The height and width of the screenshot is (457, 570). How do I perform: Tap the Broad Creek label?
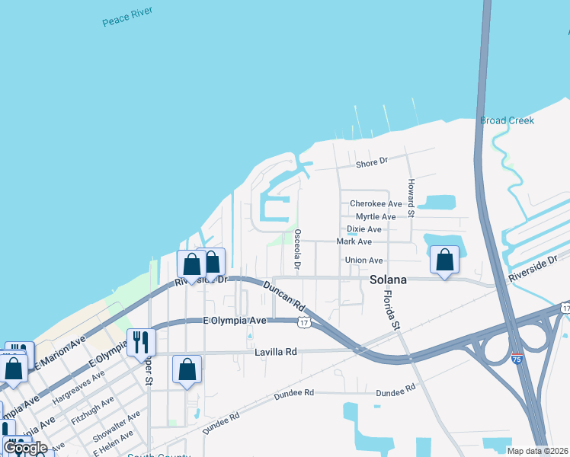pos(507,120)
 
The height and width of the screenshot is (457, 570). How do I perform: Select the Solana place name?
pos(388,280)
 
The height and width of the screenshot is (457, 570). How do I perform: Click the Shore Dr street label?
pos(372,162)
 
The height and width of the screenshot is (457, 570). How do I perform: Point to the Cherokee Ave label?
pos(375,204)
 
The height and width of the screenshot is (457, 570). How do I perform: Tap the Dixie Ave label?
pos(363,229)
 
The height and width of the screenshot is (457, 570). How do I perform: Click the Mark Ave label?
pos(354,241)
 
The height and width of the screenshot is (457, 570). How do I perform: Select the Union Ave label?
pos(363,260)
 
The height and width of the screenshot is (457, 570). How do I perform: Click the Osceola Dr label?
pos(297,250)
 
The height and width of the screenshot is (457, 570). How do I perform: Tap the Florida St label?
pos(392,308)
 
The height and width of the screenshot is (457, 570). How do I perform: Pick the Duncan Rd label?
pos(285,295)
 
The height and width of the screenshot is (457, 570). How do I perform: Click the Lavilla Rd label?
pos(275,352)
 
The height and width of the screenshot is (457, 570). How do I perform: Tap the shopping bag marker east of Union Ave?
pos(445,260)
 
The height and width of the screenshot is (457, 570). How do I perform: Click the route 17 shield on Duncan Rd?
pos(303,323)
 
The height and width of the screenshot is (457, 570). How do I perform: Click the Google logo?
pos(26,448)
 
